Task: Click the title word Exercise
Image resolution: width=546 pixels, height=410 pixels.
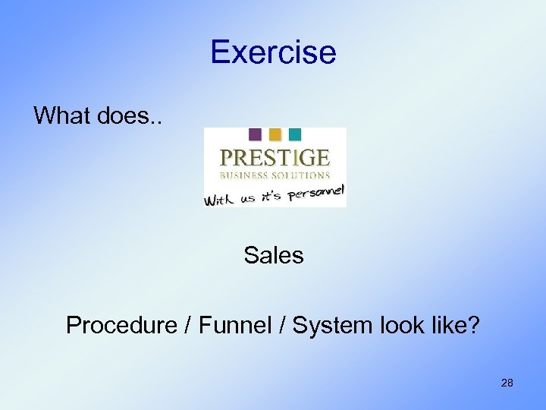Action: pos(273,52)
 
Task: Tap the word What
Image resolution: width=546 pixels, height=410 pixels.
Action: pos(62,116)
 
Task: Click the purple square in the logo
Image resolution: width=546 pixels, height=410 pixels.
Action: pos(255,134)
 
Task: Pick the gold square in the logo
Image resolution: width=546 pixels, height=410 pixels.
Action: pos(275,134)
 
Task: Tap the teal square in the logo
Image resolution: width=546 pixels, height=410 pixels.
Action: pos(294,134)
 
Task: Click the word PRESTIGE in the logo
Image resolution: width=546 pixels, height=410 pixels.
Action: pos(275,157)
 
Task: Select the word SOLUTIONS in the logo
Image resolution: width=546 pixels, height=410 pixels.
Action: pos(301,175)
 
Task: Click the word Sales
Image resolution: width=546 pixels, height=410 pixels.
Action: pos(274,256)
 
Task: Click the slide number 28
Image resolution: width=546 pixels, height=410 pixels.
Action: pos(507,383)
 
